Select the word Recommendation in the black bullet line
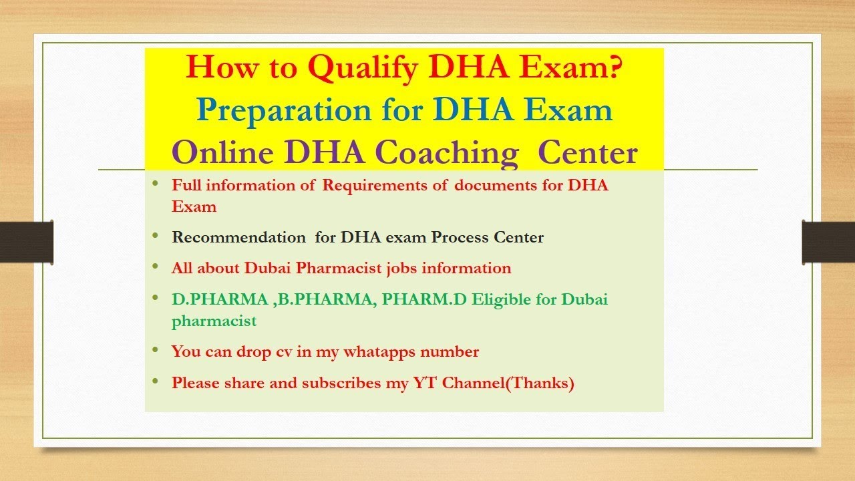238,237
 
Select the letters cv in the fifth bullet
285,351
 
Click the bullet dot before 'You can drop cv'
156,349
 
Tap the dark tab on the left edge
26,241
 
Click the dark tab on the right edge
828,241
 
